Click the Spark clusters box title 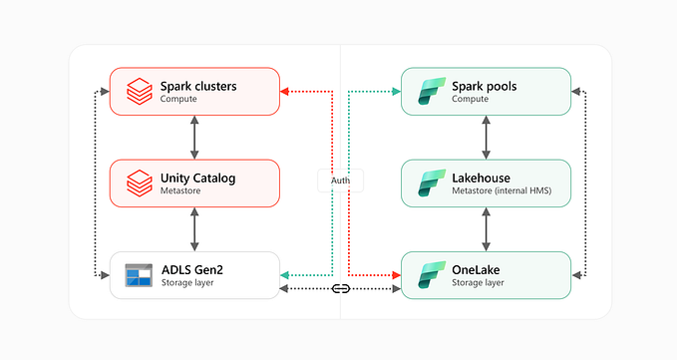coord(198,86)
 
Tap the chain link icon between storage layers coord(340,289)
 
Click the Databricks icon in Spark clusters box coord(138,92)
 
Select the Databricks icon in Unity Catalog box coord(138,183)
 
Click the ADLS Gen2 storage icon coord(138,275)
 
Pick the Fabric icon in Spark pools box coord(429,92)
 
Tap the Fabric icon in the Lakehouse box coord(429,183)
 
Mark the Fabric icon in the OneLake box coord(429,275)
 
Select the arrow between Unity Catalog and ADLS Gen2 coord(194,229)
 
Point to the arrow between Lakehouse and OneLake coord(486,229)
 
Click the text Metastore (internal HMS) coord(502,191)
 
